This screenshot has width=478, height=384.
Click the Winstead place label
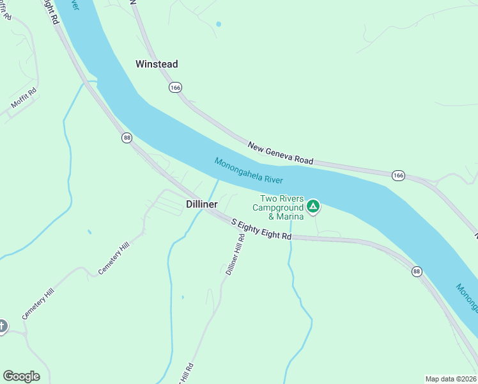click(157, 64)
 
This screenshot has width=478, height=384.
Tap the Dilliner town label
click(202, 204)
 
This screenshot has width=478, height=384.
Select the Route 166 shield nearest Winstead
click(174, 86)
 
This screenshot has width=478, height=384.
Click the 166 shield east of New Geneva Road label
click(398, 175)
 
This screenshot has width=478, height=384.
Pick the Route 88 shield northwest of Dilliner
click(127, 138)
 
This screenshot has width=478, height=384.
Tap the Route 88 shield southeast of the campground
click(417, 271)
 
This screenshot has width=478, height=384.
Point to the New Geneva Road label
click(281, 153)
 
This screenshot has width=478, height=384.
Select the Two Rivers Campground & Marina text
click(277, 203)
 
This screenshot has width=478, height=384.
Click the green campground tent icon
click(313, 205)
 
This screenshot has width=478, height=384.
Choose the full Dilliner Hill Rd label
click(235, 254)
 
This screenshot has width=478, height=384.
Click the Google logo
click(21, 376)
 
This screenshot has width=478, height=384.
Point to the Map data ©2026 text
click(451, 378)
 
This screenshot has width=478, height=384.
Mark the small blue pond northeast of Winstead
click(219, 24)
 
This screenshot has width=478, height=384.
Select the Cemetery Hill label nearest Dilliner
click(114, 259)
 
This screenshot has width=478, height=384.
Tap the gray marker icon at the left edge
click(2, 326)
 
